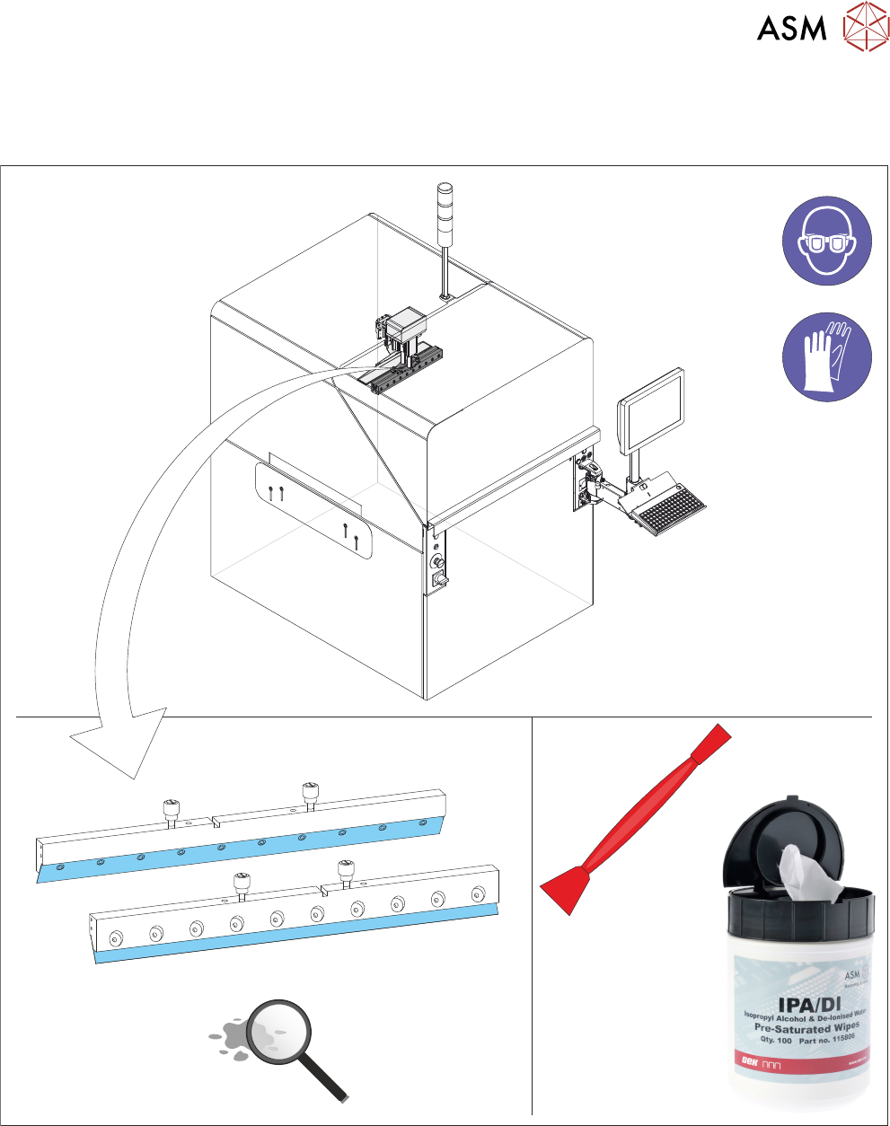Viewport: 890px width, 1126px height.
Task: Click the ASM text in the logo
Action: point(791,28)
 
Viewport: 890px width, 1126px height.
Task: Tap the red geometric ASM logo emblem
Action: point(865,26)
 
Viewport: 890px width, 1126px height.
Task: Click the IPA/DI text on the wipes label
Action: point(791,998)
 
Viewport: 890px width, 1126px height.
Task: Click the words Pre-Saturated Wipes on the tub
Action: point(806,1027)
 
